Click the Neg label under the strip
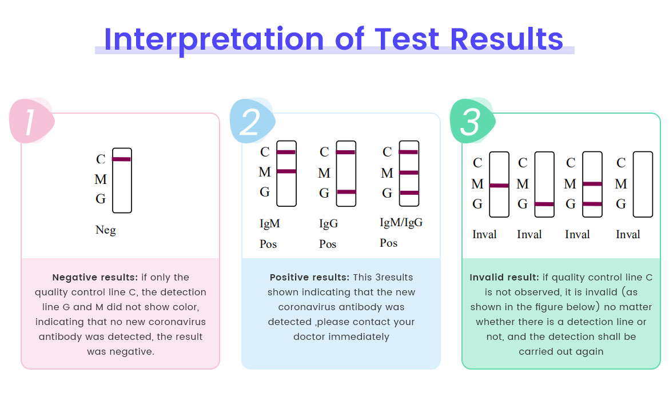[x=105, y=230]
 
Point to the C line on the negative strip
[x=122, y=159]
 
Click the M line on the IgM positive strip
[x=286, y=171]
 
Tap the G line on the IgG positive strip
[x=346, y=192]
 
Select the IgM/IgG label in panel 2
[x=401, y=222]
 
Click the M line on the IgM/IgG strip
[x=409, y=173]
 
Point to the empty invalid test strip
[x=643, y=184]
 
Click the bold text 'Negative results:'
[x=95, y=278]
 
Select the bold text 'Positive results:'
[x=309, y=278]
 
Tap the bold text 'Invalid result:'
[x=504, y=278]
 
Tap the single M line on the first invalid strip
[x=499, y=186]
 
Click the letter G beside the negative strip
[x=101, y=199]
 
